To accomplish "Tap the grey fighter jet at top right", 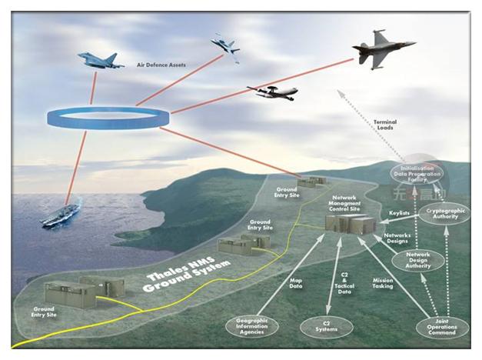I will (x=382, y=49).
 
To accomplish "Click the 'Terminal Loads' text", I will (x=384, y=125).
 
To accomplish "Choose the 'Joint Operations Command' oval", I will (x=440, y=328).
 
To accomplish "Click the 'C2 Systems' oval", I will (x=327, y=327).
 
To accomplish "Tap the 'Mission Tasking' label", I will (x=383, y=284).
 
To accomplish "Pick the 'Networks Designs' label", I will (x=397, y=238).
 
